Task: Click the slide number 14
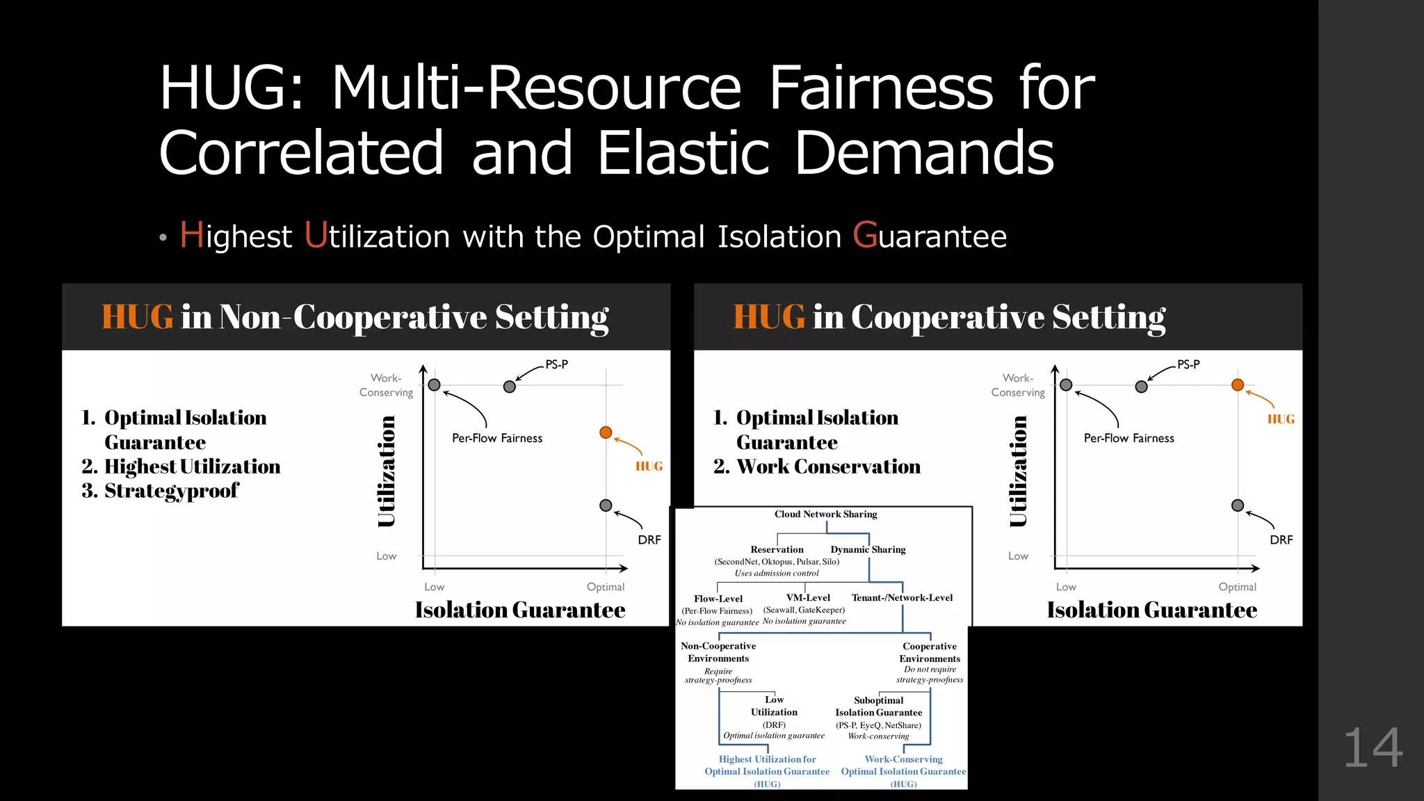point(1373,748)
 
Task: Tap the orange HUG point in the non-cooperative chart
point(606,432)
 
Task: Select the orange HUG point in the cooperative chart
point(1238,385)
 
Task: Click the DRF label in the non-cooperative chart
point(649,540)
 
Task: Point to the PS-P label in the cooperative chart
point(1188,364)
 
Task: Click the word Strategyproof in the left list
point(171,491)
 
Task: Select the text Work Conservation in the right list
point(828,467)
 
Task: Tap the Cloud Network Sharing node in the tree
point(825,515)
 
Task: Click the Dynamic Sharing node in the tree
point(868,549)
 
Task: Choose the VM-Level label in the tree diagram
point(808,598)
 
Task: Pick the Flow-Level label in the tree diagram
point(718,599)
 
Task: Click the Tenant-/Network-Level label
point(902,598)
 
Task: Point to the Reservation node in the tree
point(777,549)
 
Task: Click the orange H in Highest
point(191,235)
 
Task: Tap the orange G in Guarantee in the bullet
point(864,235)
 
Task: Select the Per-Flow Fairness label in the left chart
point(497,438)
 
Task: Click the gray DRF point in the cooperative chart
point(1238,505)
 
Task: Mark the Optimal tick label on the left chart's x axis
point(606,587)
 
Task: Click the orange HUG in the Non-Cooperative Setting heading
point(137,317)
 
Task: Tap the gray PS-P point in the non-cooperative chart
point(510,387)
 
